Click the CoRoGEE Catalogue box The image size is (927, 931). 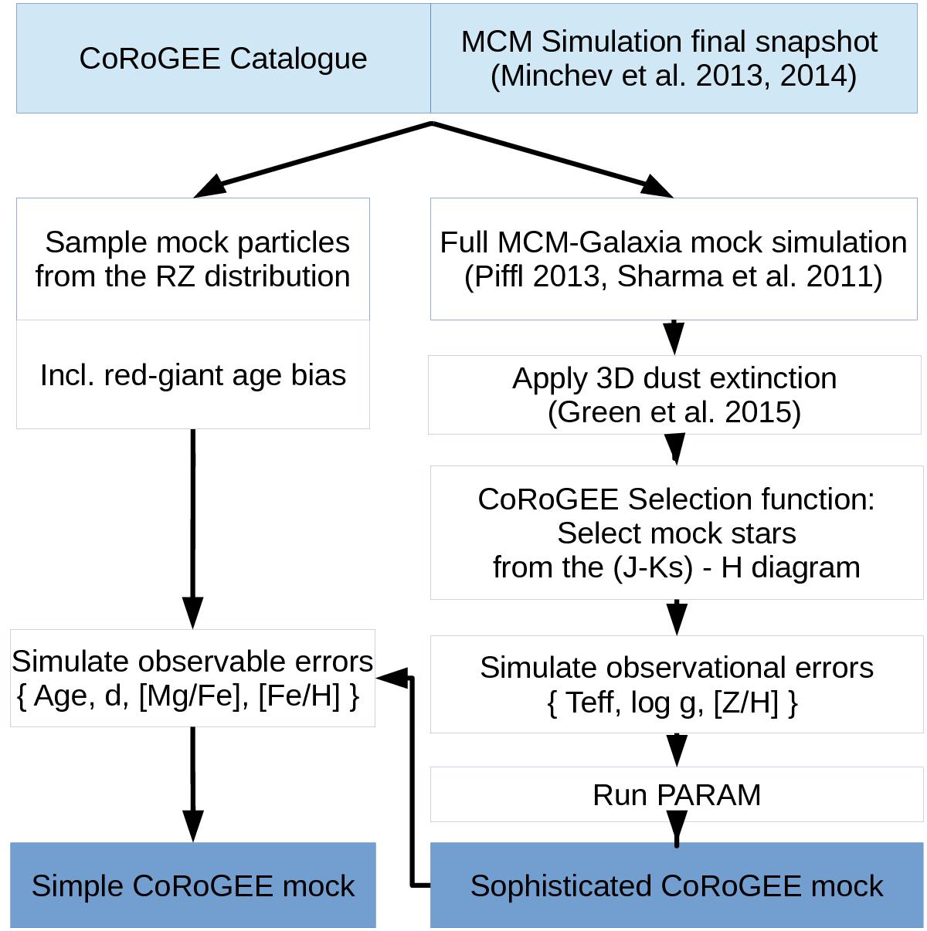coord(223,59)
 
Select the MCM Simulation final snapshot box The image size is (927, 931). coord(673,59)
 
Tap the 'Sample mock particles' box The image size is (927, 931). coord(193,259)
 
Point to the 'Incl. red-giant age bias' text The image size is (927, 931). coord(193,375)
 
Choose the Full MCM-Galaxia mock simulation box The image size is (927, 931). coord(673,259)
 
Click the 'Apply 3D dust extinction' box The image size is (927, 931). coord(674,394)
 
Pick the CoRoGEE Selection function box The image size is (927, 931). coord(676,533)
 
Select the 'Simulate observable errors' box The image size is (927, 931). coord(192,678)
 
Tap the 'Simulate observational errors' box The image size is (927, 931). coord(676,685)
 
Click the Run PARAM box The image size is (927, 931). coord(676,794)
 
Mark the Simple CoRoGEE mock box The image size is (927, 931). coord(192,885)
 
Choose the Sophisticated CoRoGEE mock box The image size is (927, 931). coord(676,885)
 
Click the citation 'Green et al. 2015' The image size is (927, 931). coord(674,412)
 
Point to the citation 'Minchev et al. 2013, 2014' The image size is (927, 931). coord(673,76)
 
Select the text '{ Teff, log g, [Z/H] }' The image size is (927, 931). coord(673,702)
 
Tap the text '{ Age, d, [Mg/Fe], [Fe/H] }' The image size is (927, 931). coord(188,696)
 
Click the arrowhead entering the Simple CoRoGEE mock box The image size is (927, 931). coord(192,826)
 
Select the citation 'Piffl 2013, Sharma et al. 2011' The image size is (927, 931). coord(673,276)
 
